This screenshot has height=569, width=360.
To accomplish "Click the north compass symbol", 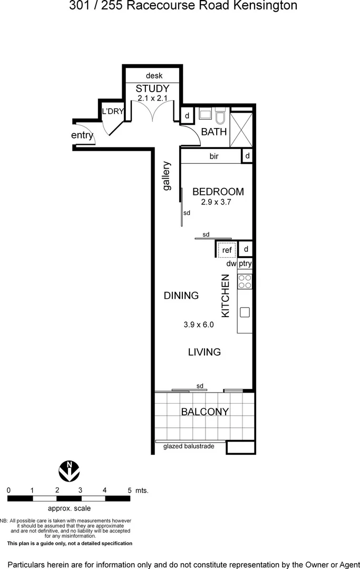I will (69, 470).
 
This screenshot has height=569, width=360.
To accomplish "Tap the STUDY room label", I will (152, 89).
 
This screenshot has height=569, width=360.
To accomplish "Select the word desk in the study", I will (154, 75).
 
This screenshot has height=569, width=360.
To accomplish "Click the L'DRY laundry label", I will (112, 111).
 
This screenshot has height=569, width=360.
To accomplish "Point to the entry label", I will (82, 135).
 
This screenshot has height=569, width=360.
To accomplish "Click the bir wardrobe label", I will (214, 156).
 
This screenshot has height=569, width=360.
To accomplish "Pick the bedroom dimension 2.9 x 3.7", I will (217, 202).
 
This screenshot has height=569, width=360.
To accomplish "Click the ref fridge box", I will (227, 250).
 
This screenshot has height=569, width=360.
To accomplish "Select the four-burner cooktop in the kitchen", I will (245, 281).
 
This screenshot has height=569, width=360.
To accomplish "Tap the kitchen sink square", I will (245, 312).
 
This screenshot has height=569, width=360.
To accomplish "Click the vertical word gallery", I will (167, 176).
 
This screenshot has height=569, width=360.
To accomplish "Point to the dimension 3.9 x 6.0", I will (198, 325).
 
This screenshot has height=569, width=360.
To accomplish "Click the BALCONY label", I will (205, 411).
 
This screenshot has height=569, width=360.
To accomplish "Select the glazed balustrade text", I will (189, 446).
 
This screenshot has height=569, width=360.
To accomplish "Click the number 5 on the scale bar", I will (129, 490).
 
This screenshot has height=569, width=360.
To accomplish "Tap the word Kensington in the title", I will (266, 6).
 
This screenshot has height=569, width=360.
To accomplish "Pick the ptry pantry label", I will (245, 263).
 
